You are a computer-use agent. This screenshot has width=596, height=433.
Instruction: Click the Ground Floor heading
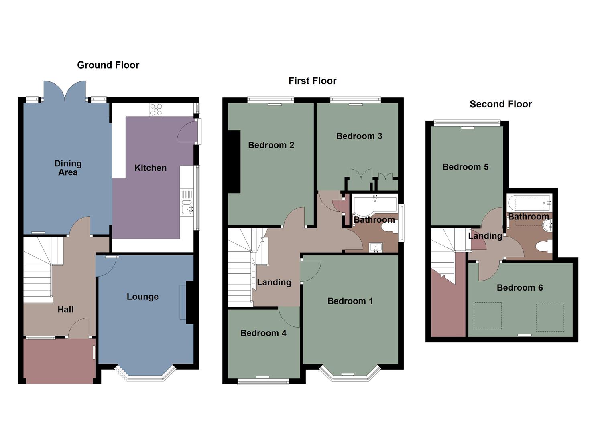tap(108, 65)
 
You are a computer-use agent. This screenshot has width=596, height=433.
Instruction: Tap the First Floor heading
tap(312, 81)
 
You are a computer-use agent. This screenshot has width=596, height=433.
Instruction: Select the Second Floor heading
tap(500, 104)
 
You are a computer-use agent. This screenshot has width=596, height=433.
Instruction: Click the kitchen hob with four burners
tap(156, 110)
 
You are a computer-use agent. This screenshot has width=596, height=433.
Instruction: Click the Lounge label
tap(142, 297)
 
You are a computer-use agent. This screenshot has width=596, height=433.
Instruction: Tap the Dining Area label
tap(68, 168)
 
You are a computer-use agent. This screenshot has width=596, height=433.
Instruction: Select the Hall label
tap(65, 310)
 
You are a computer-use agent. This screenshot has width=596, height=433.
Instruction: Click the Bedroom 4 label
tap(263, 333)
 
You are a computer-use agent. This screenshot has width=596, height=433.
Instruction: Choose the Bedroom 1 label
tap(350, 301)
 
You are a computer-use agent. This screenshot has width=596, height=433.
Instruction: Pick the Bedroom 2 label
tap(271, 145)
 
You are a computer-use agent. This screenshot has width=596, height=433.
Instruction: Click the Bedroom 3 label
tap(359, 136)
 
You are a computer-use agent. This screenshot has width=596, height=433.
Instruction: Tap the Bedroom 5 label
tap(465, 167)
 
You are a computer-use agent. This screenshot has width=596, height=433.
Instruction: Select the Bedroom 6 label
tap(519, 288)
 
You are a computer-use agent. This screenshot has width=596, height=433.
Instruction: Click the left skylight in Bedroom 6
tap(488, 316)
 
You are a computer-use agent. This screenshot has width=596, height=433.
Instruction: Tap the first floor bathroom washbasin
tap(376, 247)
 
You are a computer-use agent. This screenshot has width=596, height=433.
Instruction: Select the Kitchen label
tap(150, 168)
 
